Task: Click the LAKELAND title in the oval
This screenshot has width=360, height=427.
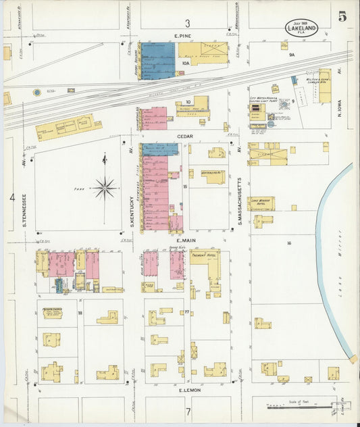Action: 301,30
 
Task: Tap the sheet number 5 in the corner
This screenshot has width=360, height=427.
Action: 342,17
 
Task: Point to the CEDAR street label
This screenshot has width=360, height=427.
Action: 186,136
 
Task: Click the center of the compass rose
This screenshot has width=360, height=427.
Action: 105,187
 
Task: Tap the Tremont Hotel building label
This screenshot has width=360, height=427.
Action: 205,255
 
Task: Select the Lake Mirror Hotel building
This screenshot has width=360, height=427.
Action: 261,203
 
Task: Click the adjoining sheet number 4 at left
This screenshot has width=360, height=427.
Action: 11,197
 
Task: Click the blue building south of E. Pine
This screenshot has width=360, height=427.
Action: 158,61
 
